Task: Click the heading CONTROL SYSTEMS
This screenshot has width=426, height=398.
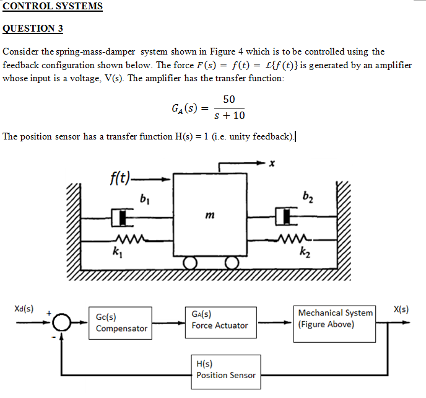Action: click(53, 7)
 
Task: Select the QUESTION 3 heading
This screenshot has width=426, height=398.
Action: click(33, 29)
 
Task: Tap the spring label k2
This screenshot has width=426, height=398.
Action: click(303, 252)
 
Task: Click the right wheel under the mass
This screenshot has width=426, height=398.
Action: click(232, 263)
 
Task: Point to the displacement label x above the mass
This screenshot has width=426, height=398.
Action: click(271, 164)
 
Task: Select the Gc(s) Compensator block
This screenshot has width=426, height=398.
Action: click(121, 322)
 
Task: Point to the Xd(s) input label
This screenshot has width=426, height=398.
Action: click(24, 308)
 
